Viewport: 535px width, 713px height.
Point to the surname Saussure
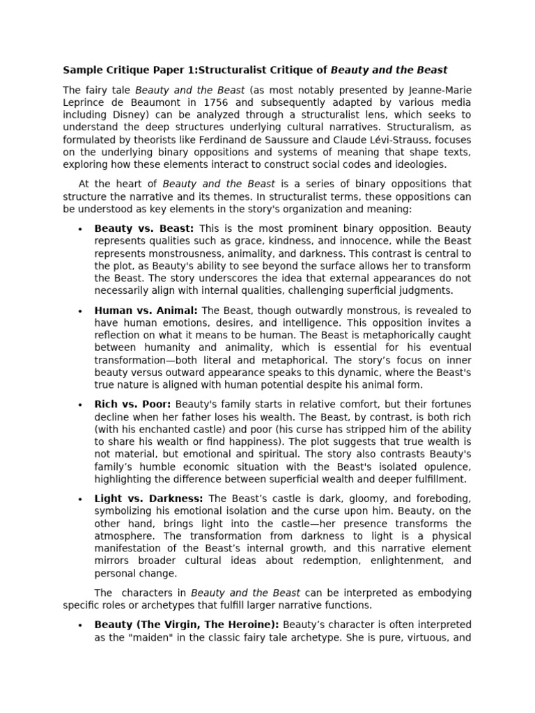click(x=310, y=139)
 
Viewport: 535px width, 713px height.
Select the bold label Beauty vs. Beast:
click(x=144, y=228)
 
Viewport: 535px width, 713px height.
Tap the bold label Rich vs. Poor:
click(x=133, y=404)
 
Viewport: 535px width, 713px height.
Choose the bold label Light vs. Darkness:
click(x=149, y=498)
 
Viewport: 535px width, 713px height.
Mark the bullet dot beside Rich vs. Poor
click(x=81, y=405)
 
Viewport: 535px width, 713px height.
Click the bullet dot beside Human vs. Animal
click(x=81, y=311)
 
